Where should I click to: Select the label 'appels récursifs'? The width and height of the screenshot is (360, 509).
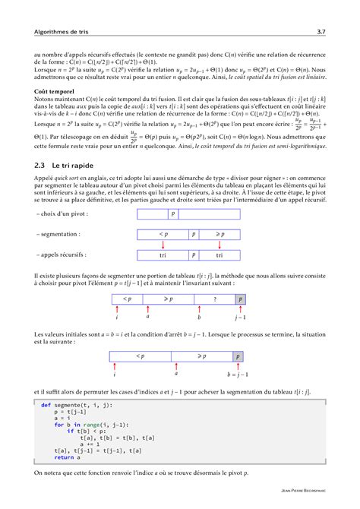(x=61, y=256)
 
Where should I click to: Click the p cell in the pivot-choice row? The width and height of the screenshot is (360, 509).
(x=173, y=214)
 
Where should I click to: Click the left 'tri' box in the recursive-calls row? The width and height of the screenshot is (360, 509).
(x=163, y=256)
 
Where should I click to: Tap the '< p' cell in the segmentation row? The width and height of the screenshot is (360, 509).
(x=163, y=235)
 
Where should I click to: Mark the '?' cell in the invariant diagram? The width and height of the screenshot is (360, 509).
(x=216, y=300)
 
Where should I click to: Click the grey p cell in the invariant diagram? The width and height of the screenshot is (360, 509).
(x=241, y=300)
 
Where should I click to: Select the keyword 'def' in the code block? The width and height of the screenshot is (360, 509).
(x=46, y=406)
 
